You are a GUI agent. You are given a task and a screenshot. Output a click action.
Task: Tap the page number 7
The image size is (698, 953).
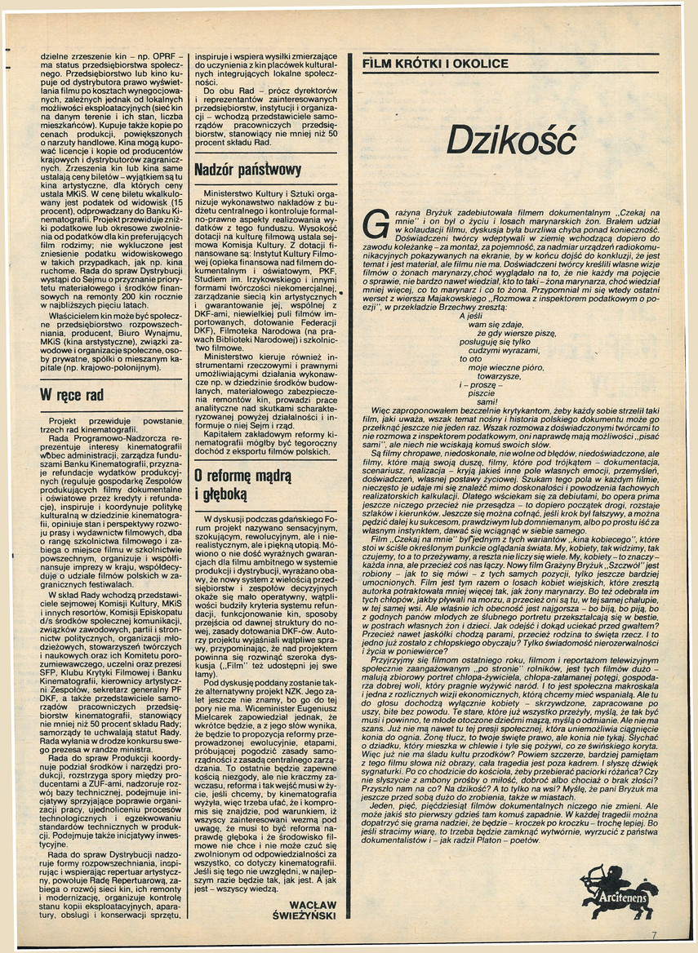[653, 935]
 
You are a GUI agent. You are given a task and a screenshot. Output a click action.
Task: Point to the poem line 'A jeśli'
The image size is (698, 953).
[471, 316]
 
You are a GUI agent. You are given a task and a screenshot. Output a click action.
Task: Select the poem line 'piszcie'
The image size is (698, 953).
[481, 393]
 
